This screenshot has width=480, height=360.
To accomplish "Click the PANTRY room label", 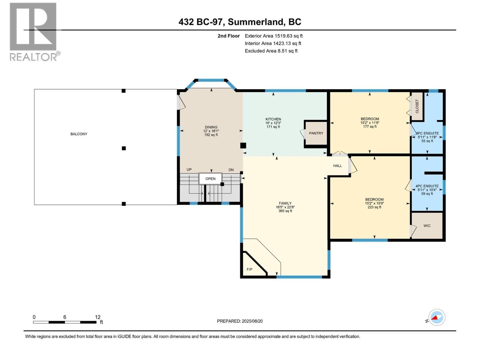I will [316, 133].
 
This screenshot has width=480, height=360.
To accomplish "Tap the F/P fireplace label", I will [249, 269].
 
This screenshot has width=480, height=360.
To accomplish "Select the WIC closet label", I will [427, 226].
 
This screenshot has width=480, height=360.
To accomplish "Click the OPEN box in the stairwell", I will [210, 179].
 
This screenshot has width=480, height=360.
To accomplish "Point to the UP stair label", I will [189, 170].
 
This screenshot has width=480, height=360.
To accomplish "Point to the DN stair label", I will [231, 170].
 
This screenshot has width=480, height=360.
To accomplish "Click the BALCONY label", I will [79, 134].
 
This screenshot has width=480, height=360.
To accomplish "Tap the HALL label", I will [337, 166].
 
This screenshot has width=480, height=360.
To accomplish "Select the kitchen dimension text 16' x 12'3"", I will [273, 123].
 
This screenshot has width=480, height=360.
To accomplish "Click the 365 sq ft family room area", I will [285, 211].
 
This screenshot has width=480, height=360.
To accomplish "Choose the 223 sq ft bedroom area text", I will [374, 207].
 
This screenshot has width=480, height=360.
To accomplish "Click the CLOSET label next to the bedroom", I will [417, 106].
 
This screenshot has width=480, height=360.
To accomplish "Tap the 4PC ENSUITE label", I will [427, 186].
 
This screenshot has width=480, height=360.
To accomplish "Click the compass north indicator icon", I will [437, 317].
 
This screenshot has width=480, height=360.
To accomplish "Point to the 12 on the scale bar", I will [97, 317].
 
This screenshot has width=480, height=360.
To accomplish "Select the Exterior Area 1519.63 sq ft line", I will [274, 36].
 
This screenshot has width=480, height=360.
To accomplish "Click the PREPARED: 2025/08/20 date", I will [240, 321].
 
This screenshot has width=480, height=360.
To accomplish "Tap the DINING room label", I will [211, 127].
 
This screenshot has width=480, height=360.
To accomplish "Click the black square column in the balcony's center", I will [124, 148].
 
